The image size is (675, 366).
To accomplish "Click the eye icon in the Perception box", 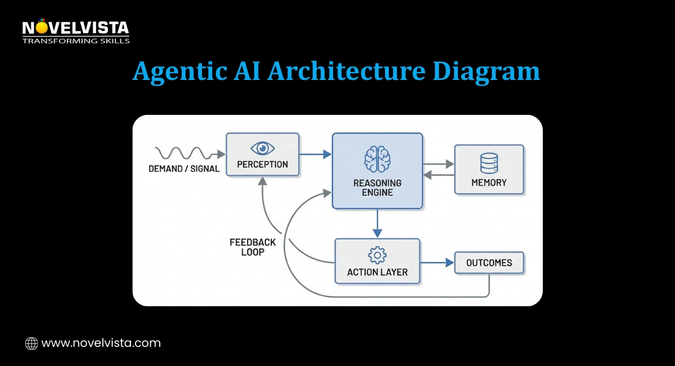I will (262, 148).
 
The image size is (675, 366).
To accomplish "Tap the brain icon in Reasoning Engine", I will (377, 159).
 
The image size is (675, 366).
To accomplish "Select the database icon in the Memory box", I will (489, 163).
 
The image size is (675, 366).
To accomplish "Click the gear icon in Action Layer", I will (377, 255).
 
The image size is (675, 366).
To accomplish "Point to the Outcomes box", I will (489, 263).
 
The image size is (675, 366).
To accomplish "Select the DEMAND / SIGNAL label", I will (184, 168).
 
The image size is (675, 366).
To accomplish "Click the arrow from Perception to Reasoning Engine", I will (315, 154).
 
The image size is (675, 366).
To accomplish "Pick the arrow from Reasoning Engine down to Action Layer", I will (377, 224).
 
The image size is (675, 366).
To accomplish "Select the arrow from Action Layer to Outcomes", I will (437, 263).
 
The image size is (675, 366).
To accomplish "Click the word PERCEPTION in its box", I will (262, 164).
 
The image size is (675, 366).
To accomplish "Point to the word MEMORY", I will (489, 182).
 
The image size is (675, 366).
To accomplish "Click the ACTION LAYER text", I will (377, 272).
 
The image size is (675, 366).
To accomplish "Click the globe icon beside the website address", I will (31, 343).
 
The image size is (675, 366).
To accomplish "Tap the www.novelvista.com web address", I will (101, 343).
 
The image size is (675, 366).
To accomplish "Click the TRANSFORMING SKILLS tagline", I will (75, 41).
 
